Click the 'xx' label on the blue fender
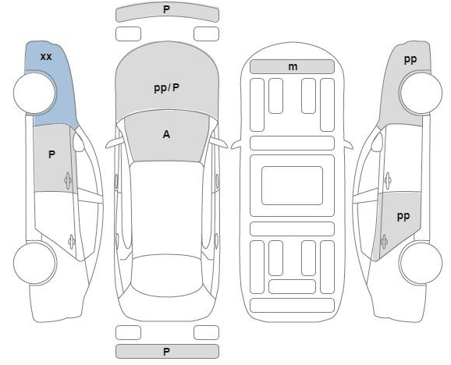pos(46,57)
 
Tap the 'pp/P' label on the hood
pos(167,87)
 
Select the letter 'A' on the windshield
pos(166,134)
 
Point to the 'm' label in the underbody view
pos(293,67)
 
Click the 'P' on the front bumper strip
pos(166,9)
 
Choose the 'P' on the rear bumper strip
pos(166,352)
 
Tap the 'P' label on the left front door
pos(51,154)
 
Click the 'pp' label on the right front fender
pos(410,59)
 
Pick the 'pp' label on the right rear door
pos(403,216)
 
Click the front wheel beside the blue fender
pos(35,93)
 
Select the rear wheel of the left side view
pos(35,263)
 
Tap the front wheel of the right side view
pos(421,93)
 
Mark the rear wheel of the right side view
pos(421,263)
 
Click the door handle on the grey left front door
pos(68,180)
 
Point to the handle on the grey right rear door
pos(384,242)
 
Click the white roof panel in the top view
pos(167,208)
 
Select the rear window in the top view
pos(167,275)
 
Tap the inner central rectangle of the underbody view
pos(292,186)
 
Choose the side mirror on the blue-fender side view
pos(79,142)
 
